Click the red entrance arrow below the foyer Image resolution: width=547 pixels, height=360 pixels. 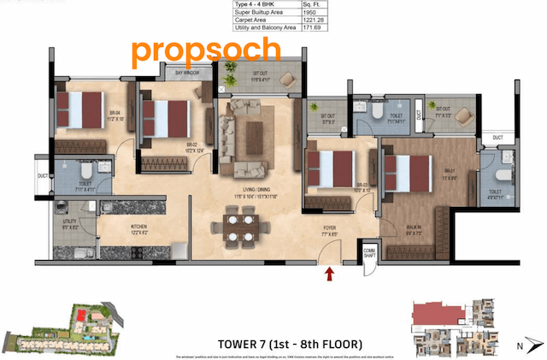click(329, 274)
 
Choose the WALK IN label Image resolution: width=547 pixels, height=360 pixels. click(414, 228)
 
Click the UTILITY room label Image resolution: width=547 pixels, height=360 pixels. click(70, 224)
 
